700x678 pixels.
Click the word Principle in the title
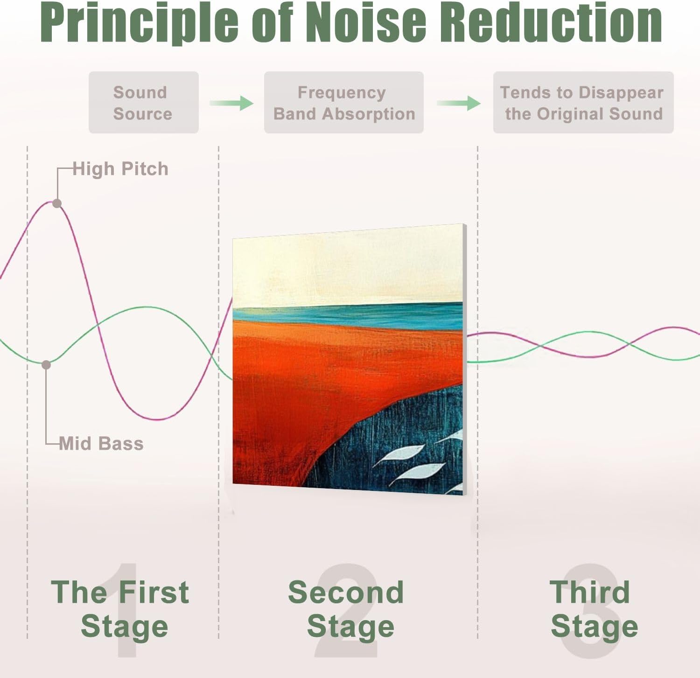[140, 22]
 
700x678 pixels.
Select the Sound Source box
[144, 103]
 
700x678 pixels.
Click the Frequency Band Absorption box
[344, 103]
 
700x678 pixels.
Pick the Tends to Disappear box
[583, 103]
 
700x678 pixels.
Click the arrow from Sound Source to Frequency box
[231, 103]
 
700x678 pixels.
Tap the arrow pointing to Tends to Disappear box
[459, 103]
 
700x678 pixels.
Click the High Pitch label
[120, 169]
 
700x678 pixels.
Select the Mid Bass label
[101, 443]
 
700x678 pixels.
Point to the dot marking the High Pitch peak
[57, 203]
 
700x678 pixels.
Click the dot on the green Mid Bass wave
[46, 365]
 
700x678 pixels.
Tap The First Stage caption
[120, 609]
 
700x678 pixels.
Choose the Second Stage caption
[346, 609]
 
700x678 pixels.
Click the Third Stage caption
[594, 609]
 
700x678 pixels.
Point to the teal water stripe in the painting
[348, 316]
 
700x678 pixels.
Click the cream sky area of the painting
[348, 268]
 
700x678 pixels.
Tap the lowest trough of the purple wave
[159, 419]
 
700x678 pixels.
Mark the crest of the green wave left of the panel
[146, 307]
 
